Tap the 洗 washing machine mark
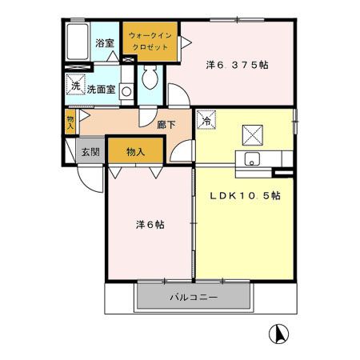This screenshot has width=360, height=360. [75, 86]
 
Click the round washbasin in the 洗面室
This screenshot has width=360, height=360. [126, 90]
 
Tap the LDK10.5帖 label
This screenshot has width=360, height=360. [245, 195]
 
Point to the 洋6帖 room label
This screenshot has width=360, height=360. [149, 225]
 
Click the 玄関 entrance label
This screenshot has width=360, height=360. [89, 150]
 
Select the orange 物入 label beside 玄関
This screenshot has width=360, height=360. [136, 150]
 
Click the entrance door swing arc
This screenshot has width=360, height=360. [91, 180]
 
